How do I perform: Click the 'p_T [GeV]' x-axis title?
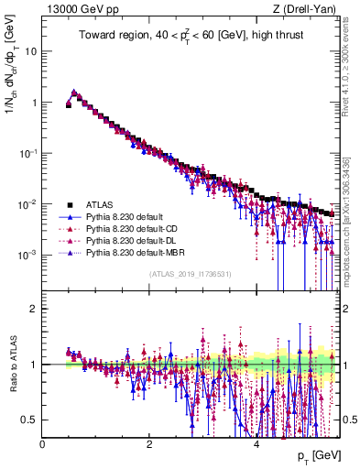coord(320,455)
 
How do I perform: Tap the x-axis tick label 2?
coord(150,442)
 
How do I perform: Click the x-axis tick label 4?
coord(257,442)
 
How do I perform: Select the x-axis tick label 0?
coord(43,442)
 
